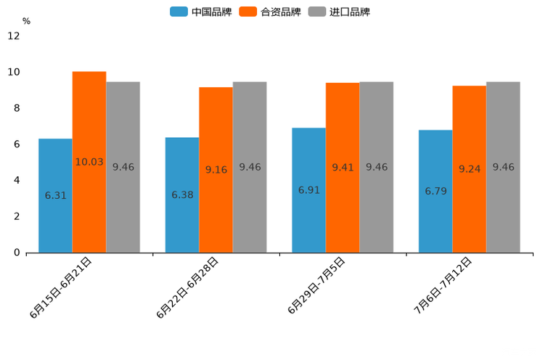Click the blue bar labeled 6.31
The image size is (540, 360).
click(55, 195)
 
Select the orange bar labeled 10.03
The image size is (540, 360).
click(89, 162)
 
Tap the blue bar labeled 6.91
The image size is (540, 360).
click(308, 190)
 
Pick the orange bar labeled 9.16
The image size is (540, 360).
click(216, 170)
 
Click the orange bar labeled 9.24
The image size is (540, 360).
click(469, 169)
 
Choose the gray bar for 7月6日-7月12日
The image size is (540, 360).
click(503, 167)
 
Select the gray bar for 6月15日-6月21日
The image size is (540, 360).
click(123, 167)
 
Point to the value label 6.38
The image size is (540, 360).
click(182, 195)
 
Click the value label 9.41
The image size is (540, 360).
click(343, 168)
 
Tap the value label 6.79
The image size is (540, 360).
click(435, 192)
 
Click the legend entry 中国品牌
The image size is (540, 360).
click(201, 12)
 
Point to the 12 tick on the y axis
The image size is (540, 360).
click(14, 36)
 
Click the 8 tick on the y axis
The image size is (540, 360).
click(17, 108)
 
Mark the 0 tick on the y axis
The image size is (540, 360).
click(17, 253)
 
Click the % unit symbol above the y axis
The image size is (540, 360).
click(26, 21)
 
